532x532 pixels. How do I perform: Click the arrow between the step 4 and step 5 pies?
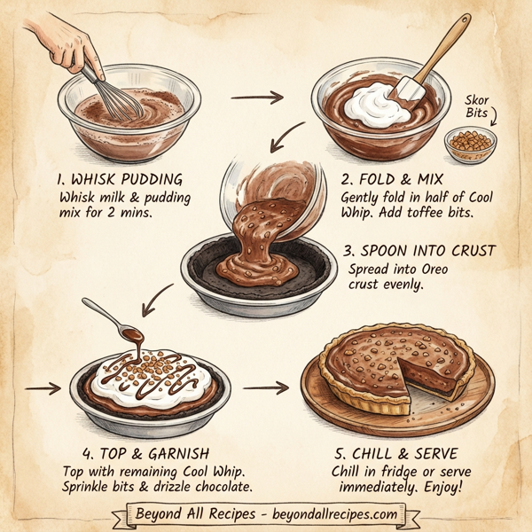(x=266, y=387)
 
